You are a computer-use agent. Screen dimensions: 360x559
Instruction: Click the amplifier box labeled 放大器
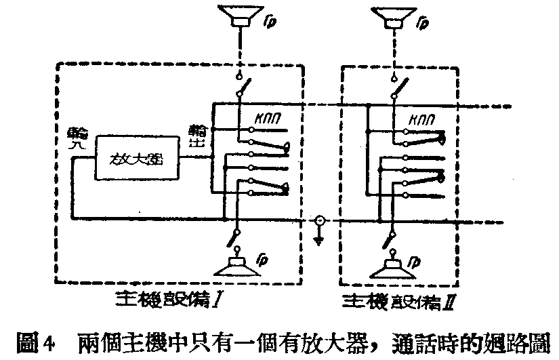click(138, 157)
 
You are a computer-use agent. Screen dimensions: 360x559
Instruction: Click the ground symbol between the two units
click(319, 237)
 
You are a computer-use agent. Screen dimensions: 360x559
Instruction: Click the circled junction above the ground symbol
click(319, 221)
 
